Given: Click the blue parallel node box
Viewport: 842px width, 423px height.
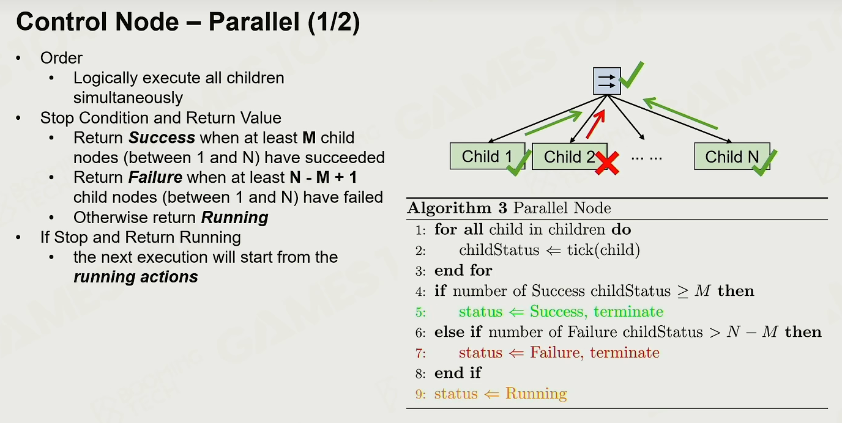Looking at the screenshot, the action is [x=606, y=81].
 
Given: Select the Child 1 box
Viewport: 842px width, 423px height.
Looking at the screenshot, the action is [x=487, y=156].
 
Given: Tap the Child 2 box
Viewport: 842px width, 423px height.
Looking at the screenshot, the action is [x=570, y=156].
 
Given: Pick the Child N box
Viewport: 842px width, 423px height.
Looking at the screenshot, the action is [x=732, y=156].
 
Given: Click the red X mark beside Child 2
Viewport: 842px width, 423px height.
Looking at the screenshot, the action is [x=607, y=163].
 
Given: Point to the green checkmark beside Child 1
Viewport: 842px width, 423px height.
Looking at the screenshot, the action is [x=519, y=163].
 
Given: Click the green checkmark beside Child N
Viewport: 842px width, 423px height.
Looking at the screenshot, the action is [x=765, y=163].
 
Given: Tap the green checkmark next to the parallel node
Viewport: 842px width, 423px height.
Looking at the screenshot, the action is [x=631, y=75].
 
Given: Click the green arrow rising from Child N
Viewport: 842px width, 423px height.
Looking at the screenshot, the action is [x=680, y=114].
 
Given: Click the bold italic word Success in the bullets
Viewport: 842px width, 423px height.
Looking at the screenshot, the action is [x=162, y=138].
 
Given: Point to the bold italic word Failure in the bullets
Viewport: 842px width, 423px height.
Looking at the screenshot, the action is [x=155, y=177].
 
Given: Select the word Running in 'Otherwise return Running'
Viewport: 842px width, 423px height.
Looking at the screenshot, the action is [x=234, y=218].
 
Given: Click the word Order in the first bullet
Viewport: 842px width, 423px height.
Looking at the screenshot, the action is [x=61, y=58].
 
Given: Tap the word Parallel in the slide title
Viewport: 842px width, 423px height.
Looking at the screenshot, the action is [x=254, y=22].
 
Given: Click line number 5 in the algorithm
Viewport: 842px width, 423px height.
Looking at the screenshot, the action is [x=420, y=312].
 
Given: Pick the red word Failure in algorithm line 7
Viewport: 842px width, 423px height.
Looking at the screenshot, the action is [x=557, y=353].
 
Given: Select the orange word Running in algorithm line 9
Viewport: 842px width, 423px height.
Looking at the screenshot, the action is [x=536, y=394].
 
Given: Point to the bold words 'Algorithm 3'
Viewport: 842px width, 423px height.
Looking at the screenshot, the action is [x=458, y=208].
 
